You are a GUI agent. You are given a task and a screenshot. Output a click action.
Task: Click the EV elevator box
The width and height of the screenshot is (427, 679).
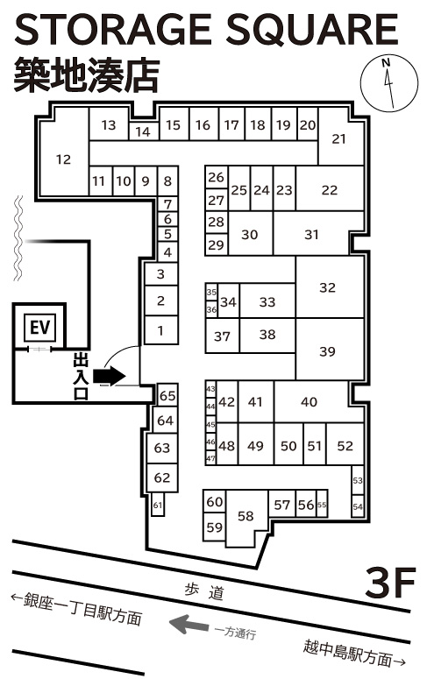point(39,327)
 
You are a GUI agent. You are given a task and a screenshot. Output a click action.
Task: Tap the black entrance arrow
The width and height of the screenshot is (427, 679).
point(110,376)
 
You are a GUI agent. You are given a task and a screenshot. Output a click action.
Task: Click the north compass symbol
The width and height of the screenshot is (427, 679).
point(389,83)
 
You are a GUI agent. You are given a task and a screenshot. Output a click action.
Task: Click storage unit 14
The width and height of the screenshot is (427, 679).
point(144,131)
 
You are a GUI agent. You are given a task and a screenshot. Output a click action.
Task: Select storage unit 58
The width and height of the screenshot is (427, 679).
point(246,518)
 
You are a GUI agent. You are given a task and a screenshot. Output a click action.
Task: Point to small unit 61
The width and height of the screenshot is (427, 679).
point(158,505)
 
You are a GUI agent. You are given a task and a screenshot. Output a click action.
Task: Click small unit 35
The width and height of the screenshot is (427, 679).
point(211,293)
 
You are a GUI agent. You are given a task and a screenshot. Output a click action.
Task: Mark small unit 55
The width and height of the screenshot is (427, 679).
point(322,504)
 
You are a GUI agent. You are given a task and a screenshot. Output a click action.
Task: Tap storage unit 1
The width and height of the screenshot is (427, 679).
point(160,330)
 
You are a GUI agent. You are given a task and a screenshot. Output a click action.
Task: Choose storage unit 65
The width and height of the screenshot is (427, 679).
point(167,395)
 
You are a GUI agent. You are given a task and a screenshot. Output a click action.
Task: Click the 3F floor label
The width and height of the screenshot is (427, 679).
point(389,582)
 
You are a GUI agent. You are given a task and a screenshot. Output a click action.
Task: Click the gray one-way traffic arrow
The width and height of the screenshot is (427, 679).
point(189,624)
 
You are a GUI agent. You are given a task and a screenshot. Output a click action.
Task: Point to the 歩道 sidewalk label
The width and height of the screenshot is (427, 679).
point(203,591)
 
